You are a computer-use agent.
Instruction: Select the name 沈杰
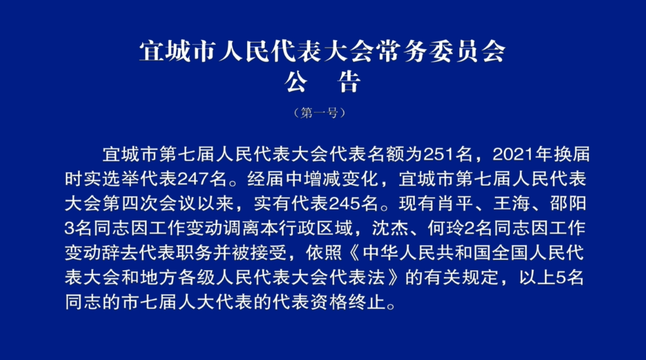tap(390, 228)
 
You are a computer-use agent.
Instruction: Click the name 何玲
tap(446, 228)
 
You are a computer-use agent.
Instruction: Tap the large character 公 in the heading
tap(296, 81)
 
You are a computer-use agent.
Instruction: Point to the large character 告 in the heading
tap(349, 81)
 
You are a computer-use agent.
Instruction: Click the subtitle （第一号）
tap(319, 113)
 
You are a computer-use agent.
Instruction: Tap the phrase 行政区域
tap(315, 228)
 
